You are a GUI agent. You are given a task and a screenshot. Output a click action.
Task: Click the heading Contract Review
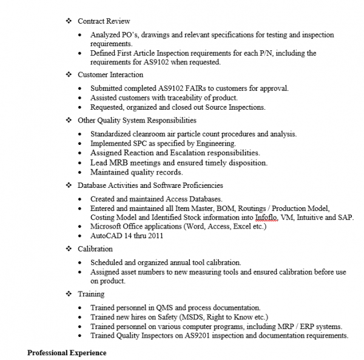pos(104,21)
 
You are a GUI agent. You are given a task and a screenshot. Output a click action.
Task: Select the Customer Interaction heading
pos(110,75)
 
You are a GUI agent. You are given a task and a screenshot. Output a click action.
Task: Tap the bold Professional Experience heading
pos(67,352)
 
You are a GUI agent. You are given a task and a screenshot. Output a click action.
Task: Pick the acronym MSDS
pos(189,317)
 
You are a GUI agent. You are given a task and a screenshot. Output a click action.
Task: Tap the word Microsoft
pos(107,226)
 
